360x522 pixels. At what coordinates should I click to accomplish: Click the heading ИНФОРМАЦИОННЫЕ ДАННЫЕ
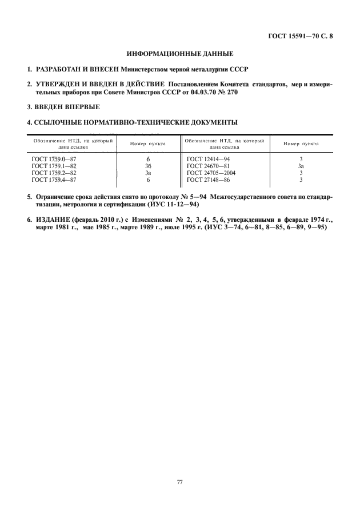click(x=179, y=54)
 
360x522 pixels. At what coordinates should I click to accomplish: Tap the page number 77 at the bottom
click(x=179, y=483)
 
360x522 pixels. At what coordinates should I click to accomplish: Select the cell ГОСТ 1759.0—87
click(x=54, y=158)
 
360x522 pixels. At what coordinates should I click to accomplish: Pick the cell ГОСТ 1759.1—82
click(x=54, y=165)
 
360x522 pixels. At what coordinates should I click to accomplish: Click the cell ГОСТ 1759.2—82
click(x=54, y=172)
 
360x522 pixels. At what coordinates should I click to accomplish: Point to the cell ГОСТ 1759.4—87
click(x=54, y=179)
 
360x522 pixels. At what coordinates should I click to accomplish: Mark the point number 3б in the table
click(x=147, y=165)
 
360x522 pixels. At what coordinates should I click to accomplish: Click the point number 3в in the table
click(x=147, y=172)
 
